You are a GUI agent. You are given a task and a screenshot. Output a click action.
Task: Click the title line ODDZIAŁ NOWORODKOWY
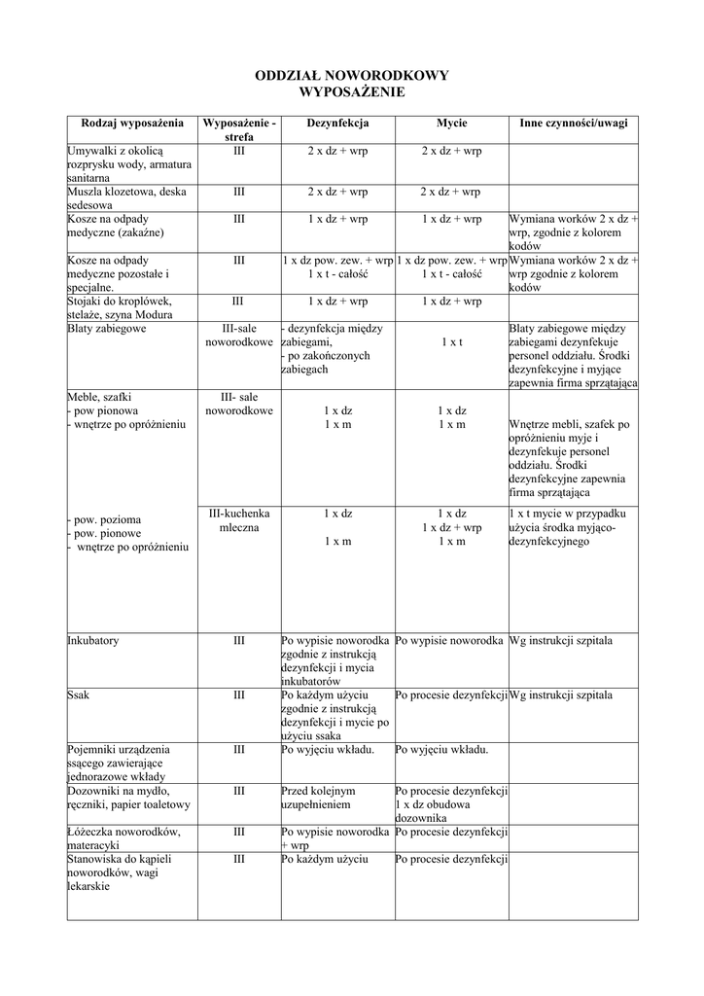coord(351,76)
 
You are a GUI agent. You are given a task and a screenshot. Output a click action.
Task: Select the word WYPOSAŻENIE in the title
coord(351,91)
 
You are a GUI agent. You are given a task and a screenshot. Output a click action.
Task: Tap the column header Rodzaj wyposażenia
coord(132,124)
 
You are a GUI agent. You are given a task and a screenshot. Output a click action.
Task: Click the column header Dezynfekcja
coord(337,124)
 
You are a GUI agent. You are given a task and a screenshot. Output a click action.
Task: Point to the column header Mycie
coord(451,124)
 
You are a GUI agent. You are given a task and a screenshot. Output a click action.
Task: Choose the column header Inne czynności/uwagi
coord(573,124)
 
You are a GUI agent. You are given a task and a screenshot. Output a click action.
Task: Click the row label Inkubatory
coord(93,642)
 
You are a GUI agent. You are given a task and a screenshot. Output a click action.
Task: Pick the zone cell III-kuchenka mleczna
coord(239,520)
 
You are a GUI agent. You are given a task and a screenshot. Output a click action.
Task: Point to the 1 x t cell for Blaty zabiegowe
coord(451,342)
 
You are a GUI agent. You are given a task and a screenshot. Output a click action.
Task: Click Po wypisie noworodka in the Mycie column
coord(449,642)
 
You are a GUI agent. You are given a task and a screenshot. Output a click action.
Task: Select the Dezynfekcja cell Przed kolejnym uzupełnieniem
coord(319,799)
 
